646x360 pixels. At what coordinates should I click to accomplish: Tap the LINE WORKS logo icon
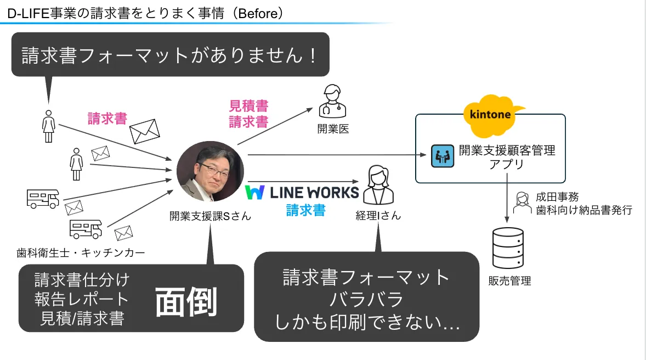tap(255, 192)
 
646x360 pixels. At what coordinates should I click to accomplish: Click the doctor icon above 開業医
tap(332, 102)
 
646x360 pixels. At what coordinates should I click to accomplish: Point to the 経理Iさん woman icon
tap(378, 185)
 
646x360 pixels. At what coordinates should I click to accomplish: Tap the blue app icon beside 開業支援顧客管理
tap(440, 156)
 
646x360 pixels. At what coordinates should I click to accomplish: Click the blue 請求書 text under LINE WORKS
tap(305, 210)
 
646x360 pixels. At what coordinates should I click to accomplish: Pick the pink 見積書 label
tap(248, 106)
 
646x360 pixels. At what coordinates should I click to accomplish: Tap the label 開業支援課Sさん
tap(210, 216)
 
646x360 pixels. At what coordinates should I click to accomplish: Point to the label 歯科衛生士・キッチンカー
tap(81, 253)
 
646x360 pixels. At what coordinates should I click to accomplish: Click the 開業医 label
tap(333, 130)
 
